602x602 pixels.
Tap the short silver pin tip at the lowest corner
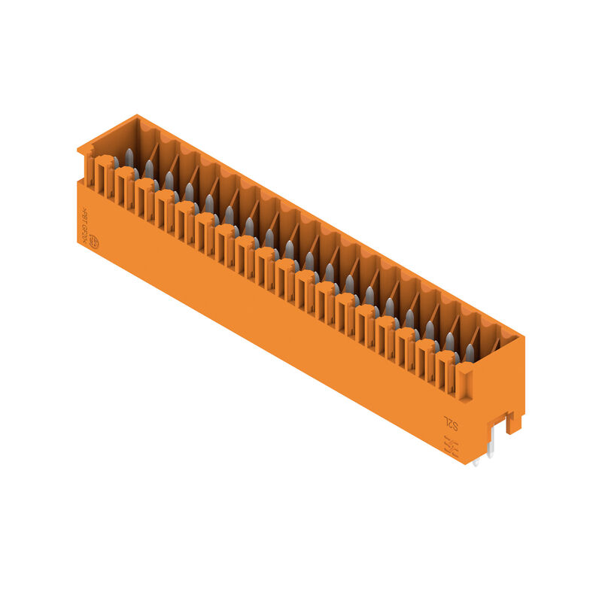[x=476, y=462]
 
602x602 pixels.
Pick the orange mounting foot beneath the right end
[x=515, y=422]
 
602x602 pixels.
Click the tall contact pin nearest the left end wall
[x=129, y=157]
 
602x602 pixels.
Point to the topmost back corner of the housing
[x=137, y=116]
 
